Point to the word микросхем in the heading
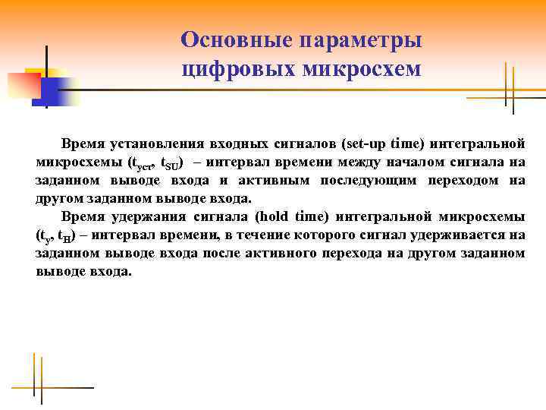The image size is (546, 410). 362,69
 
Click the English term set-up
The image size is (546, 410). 365,143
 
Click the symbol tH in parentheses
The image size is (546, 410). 64,236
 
